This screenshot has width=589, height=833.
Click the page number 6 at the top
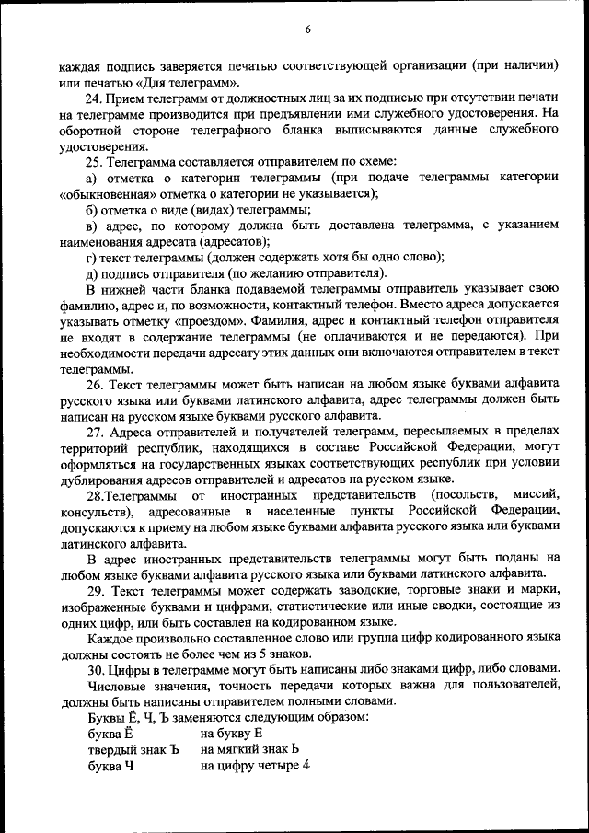click(x=307, y=30)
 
